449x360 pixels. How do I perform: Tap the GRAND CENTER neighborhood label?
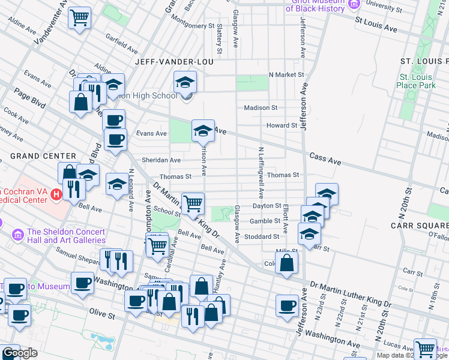click(43, 156)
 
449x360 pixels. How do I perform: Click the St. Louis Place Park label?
click(416, 81)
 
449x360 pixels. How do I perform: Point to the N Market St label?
click(286, 74)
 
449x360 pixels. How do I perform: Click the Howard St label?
click(282, 125)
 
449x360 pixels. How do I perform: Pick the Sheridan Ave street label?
click(161, 160)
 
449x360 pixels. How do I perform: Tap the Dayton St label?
click(267, 206)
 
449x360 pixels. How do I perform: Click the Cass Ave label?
click(325, 159)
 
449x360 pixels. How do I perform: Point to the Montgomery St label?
click(193, 26)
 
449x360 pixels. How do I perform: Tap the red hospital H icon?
click(56, 194)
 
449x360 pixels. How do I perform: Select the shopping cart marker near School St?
click(193, 204)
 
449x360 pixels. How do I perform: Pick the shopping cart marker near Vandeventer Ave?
click(79, 18)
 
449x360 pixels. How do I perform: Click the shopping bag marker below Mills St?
click(287, 263)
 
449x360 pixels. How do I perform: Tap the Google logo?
click(20, 353)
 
